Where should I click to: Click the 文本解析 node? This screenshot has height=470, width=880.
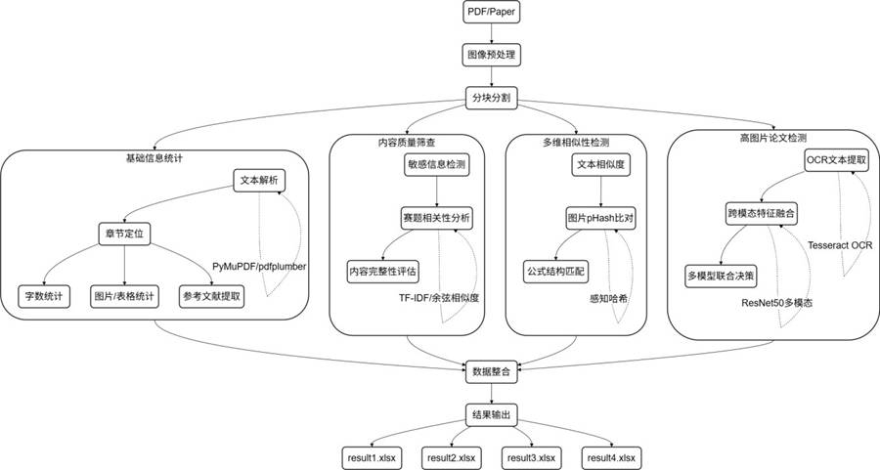click(x=259, y=181)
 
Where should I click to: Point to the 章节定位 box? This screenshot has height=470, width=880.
click(x=125, y=233)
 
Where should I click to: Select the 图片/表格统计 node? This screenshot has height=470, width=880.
click(x=125, y=295)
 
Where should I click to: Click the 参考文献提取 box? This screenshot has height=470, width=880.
click(x=210, y=295)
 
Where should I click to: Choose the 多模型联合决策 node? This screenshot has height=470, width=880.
click(x=721, y=275)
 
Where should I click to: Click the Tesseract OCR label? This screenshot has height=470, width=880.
click(x=840, y=245)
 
